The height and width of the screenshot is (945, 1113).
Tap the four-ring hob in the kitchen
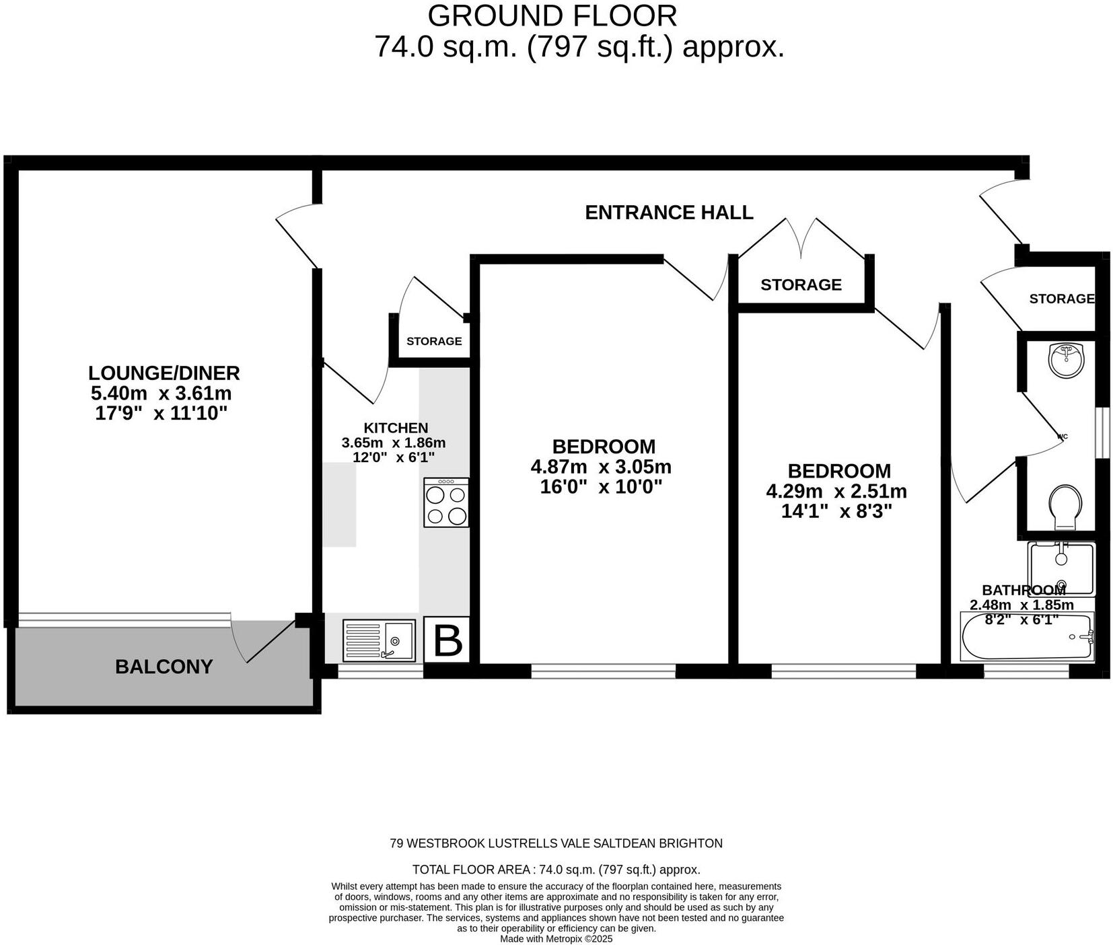(x=446, y=502)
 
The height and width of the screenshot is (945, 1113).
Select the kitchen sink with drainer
(x=379, y=640)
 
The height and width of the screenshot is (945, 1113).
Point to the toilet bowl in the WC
(x=1065, y=507)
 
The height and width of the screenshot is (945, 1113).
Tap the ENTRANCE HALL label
(x=668, y=213)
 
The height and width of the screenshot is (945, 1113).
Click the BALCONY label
(x=164, y=667)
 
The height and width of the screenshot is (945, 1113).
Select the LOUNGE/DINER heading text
(x=164, y=373)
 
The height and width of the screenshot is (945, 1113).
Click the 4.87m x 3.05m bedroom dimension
(x=601, y=467)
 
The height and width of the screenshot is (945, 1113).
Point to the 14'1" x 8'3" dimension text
(x=836, y=512)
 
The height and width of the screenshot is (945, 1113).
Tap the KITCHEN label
(x=396, y=428)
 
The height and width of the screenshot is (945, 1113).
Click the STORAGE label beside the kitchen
(x=434, y=341)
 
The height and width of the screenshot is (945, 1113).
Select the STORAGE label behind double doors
(x=801, y=285)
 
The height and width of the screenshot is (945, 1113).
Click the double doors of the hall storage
(x=801, y=239)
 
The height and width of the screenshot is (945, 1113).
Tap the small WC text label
(x=1063, y=437)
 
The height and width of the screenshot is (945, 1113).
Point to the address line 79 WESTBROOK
(x=556, y=843)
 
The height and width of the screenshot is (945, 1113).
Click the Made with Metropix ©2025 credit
(x=556, y=939)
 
